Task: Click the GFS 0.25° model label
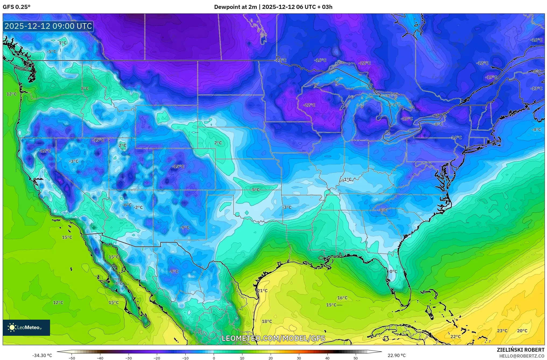16,7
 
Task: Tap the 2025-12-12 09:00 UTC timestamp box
48,26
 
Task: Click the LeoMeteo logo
26,327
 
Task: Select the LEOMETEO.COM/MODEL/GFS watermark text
273,338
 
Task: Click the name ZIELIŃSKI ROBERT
520,350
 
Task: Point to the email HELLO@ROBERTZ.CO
522,356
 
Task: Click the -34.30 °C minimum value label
42,355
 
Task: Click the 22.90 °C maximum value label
396,355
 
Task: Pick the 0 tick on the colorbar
214,358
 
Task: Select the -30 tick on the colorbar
129,358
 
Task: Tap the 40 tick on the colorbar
327,358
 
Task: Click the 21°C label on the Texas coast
262,291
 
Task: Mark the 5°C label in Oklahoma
256,190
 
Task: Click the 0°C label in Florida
393,271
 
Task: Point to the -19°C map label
491,77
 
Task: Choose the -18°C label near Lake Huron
407,119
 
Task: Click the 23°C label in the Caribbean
502,331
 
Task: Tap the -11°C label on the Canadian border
281,60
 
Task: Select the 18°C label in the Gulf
267,321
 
